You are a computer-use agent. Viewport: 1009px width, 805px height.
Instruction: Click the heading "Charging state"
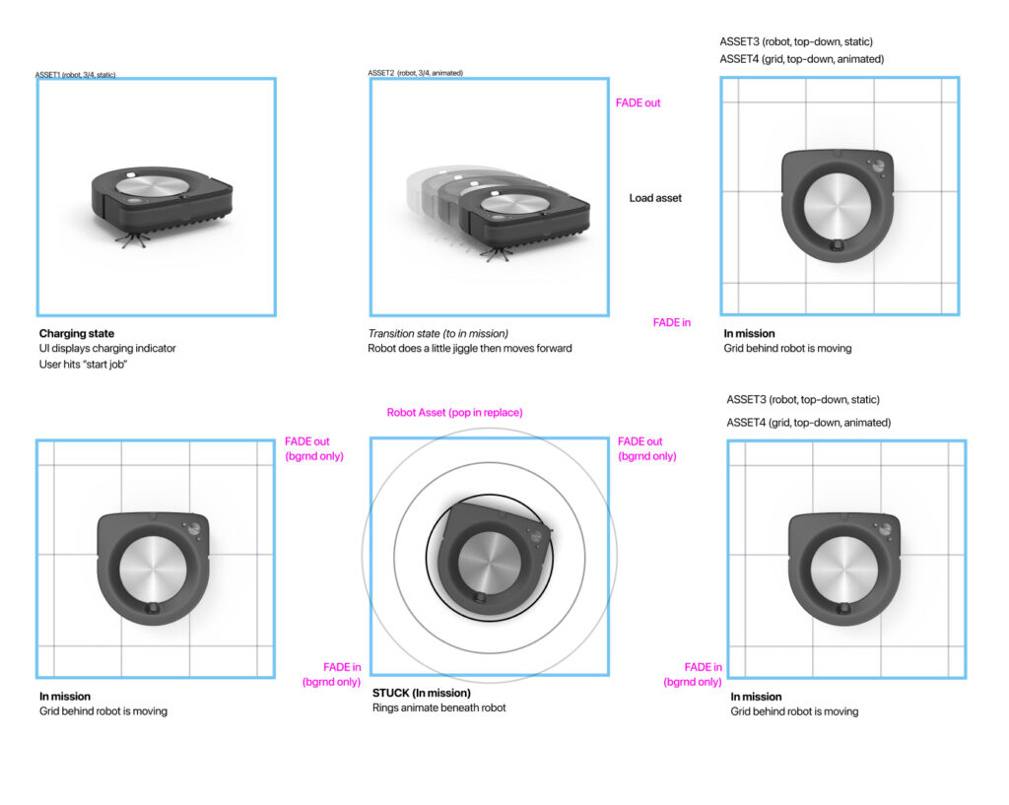[76, 333]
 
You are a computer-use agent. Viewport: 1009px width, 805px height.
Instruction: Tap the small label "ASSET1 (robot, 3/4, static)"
[75, 75]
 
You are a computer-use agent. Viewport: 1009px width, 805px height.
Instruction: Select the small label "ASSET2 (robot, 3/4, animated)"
[415, 73]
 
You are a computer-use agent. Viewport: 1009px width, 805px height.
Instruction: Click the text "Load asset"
[655, 198]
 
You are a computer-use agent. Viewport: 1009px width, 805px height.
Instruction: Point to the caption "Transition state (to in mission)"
[439, 333]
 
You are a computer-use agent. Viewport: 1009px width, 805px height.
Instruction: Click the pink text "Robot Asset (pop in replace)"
[454, 412]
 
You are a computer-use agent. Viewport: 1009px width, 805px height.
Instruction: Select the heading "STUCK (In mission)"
[422, 693]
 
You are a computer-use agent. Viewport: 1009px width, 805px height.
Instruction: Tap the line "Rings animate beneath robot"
[438, 707]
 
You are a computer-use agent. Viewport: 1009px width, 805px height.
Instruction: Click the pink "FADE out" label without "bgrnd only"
[638, 102]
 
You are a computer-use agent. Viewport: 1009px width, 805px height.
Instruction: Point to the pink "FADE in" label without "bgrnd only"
[671, 322]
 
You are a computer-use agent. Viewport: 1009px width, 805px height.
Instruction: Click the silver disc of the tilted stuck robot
[488, 560]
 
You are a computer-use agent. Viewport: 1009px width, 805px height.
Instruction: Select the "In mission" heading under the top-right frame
[749, 333]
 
